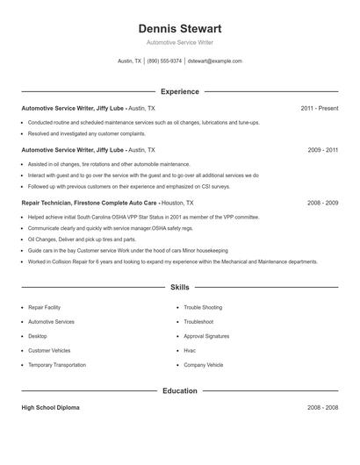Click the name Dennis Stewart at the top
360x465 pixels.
click(179, 28)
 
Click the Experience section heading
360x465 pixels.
click(179, 91)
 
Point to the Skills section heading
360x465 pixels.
click(179, 287)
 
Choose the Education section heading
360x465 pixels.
click(179, 390)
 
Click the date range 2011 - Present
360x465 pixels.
click(319, 108)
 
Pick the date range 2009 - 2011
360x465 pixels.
click(322, 150)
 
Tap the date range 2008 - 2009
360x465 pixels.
click(322, 202)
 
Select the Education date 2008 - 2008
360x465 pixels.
click(322, 408)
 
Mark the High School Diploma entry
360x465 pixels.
click(51, 408)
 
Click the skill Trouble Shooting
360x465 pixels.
click(203, 308)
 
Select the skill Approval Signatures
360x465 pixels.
click(206, 336)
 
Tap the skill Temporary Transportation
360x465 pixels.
click(57, 364)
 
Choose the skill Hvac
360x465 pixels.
click(190, 350)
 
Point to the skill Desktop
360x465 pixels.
click(38, 336)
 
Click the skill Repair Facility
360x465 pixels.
click(45, 308)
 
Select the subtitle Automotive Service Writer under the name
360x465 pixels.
click(179, 42)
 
